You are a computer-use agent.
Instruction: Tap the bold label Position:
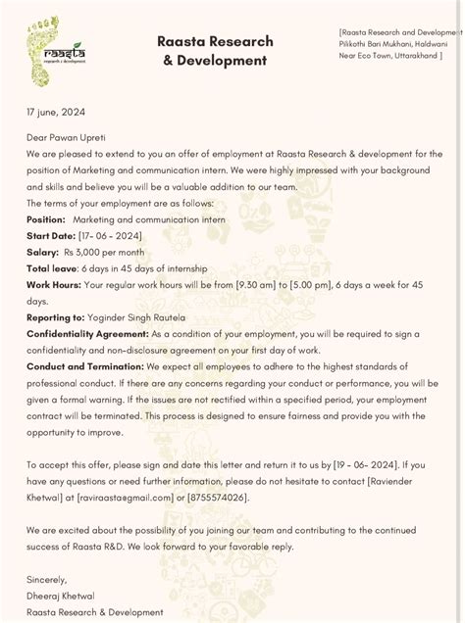[x=46, y=219]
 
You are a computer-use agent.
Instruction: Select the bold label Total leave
[x=51, y=268]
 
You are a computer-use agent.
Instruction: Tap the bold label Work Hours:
[x=54, y=285]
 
